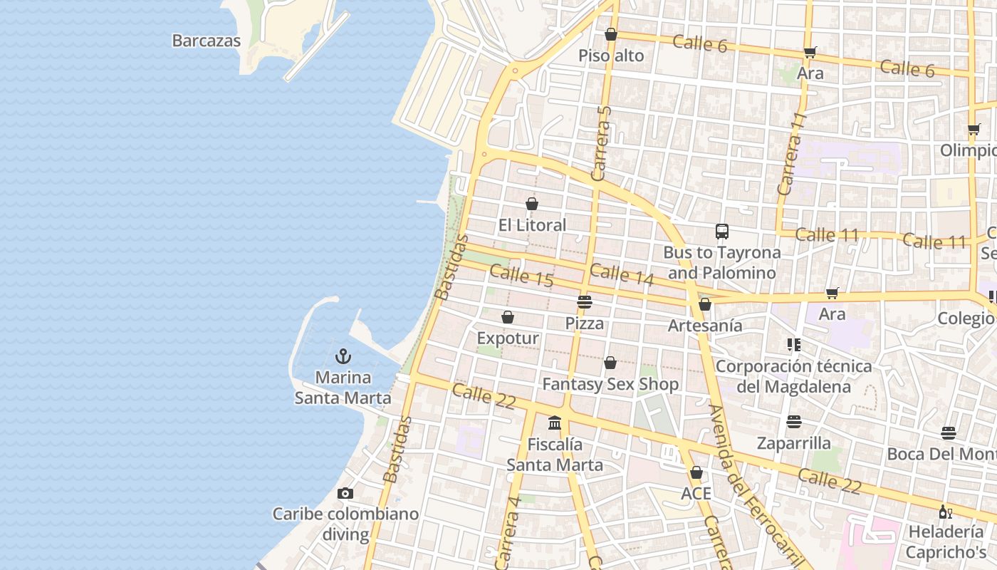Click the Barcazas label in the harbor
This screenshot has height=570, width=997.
click(207, 41)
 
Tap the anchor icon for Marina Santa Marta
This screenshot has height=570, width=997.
click(344, 356)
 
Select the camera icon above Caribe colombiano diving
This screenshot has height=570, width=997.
click(345, 493)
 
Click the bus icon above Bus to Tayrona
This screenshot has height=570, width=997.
click(722, 231)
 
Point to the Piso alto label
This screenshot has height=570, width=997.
click(611, 56)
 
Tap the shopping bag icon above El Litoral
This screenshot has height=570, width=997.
click(531, 204)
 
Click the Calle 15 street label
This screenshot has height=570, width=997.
click(521, 275)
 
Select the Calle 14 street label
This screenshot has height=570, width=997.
click(622, 274)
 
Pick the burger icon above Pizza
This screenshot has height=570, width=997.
click(585, 302)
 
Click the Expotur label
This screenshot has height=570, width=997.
click(508, 338)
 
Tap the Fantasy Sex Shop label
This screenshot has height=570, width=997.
click(610, 384)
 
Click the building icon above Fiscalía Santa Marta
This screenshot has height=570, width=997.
click(555, 423)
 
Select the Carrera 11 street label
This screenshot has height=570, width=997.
click(791, 153)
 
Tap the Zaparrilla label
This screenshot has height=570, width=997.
click(794, 443)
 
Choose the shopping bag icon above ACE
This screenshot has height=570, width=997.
click(696, 472)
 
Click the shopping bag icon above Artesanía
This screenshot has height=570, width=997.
click(705, 304)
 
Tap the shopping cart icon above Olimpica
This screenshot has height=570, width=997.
click(973, 130)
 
